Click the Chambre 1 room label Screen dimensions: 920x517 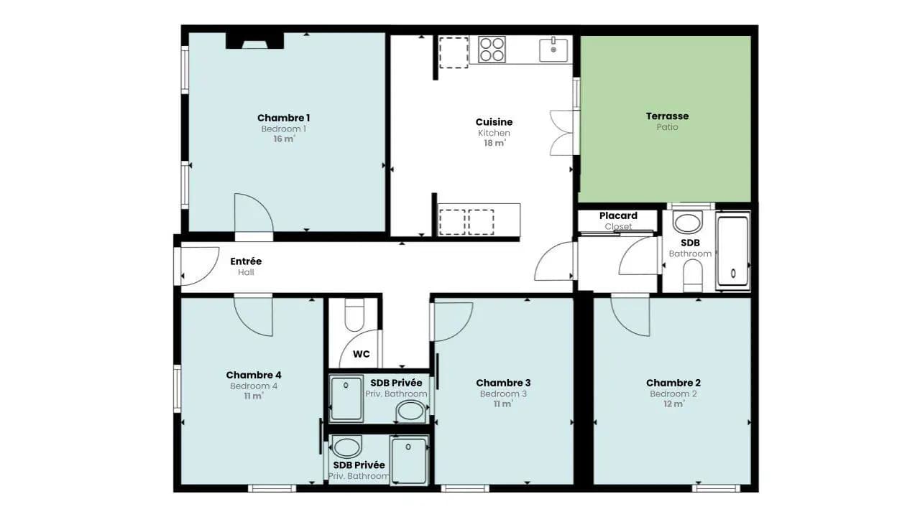coord(283,118)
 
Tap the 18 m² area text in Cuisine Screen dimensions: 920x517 coord(494,143)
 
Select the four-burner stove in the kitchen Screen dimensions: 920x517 coord(492,50)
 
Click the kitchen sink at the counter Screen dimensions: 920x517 coord(553,50)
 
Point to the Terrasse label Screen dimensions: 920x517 coord(667,116)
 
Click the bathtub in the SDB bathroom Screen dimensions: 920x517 coord(733,251)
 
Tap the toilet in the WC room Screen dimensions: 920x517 coord(354,315)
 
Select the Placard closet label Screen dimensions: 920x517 coord(618,216)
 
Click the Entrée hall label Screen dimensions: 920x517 coord(246,261)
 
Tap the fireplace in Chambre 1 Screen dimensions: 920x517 coord(254,41)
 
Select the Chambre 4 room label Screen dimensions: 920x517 coord(254,375)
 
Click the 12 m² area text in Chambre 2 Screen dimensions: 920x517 coord(673,404)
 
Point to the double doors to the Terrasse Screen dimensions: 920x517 coord(562,133)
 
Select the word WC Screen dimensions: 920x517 coord(361,354)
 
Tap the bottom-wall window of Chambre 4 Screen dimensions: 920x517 coord(272,488)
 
